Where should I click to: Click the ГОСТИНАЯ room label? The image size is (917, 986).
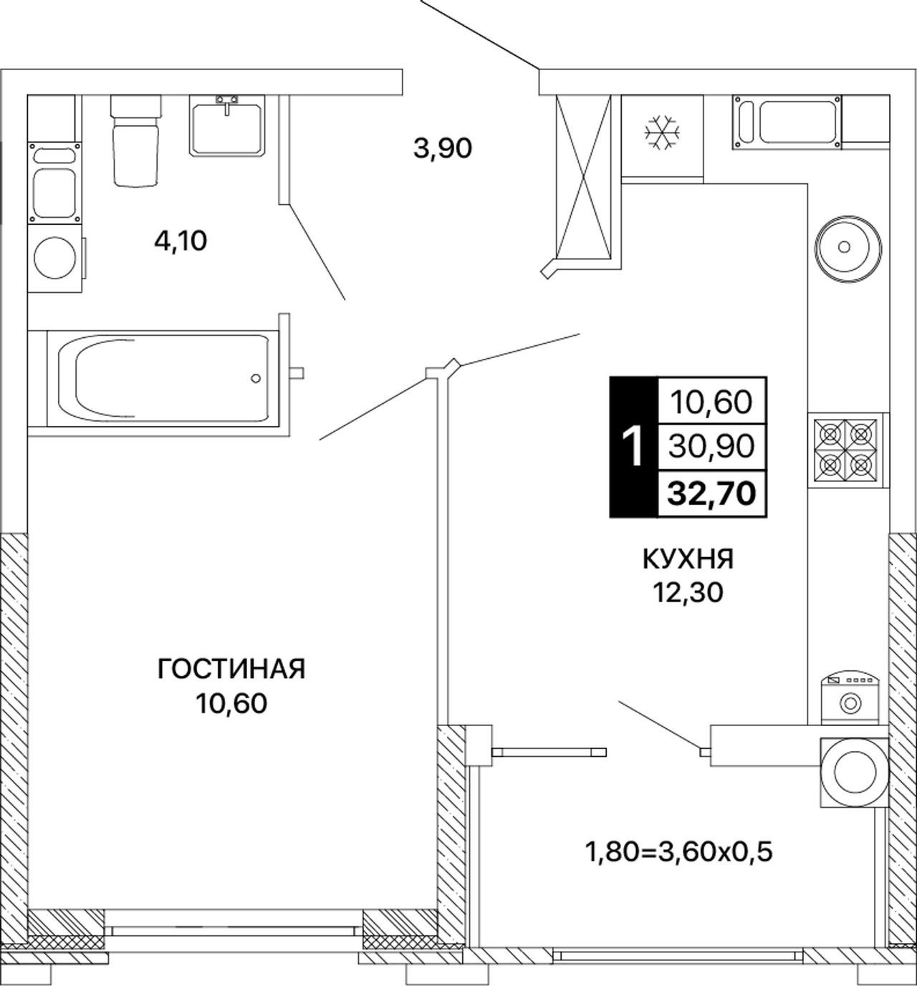[231, 670]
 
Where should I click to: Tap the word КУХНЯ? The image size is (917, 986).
[688, 559]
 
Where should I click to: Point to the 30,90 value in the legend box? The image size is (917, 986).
[712, 446]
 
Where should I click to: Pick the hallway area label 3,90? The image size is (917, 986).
[443, 148]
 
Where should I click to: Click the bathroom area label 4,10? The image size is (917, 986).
[181, 241]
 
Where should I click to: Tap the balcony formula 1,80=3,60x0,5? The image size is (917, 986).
[680, 852]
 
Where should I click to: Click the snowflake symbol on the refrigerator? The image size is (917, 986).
[662, 133]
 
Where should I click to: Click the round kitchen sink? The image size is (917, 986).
[848, 248]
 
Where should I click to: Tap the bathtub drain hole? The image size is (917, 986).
[256, 378]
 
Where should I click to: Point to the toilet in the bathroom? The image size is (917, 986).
[136, 140]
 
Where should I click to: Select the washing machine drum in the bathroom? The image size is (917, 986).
[54, 258]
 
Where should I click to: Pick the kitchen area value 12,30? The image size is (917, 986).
[688, 592]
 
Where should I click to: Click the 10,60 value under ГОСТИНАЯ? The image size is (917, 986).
[231, 702]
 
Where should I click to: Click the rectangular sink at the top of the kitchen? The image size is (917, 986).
[787, 122]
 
